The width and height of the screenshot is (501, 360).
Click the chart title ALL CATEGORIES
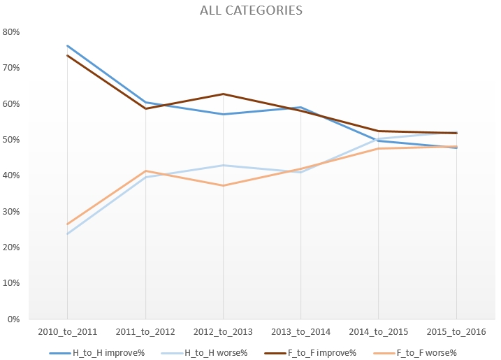pyautogui.click(x=251, y=10)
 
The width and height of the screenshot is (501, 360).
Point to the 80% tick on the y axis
pyautogui.click(x=12, y=32)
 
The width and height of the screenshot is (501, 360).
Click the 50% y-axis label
pyautogui.click(x=12, y=140)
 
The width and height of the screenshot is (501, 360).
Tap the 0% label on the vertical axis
pyautogui.click(x=14, y=319)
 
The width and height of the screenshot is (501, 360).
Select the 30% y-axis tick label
pyautogui.click(x=12, y=212)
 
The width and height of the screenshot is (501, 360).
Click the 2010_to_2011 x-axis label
pyautogui.click(x=67, y=331)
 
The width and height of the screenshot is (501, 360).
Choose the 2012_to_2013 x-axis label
pyautogui.click(x=223, y=331)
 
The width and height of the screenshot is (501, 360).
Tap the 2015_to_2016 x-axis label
pyautogui.click(x=456, y=331)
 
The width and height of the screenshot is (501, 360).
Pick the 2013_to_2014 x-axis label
pyautogui.click(x=300, y=331)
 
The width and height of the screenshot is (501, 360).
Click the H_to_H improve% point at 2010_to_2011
pyautogui.click(x=67, y=45)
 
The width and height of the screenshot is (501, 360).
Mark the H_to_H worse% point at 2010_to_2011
pyautogui.click(x=67, y=233)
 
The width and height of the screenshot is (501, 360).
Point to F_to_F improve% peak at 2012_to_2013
pyautogui.click(x=223, y=94)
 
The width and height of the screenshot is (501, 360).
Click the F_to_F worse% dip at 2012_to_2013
pyautogui.click(x=223, y=185)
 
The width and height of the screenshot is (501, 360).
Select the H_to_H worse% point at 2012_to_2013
pyautogui.click(x=223, y=165)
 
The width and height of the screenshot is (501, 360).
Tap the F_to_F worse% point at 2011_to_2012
pyautogui.click(x=145, y=171)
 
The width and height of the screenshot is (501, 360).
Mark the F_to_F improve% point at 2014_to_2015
pyautogui.click(x=379, y=131)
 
